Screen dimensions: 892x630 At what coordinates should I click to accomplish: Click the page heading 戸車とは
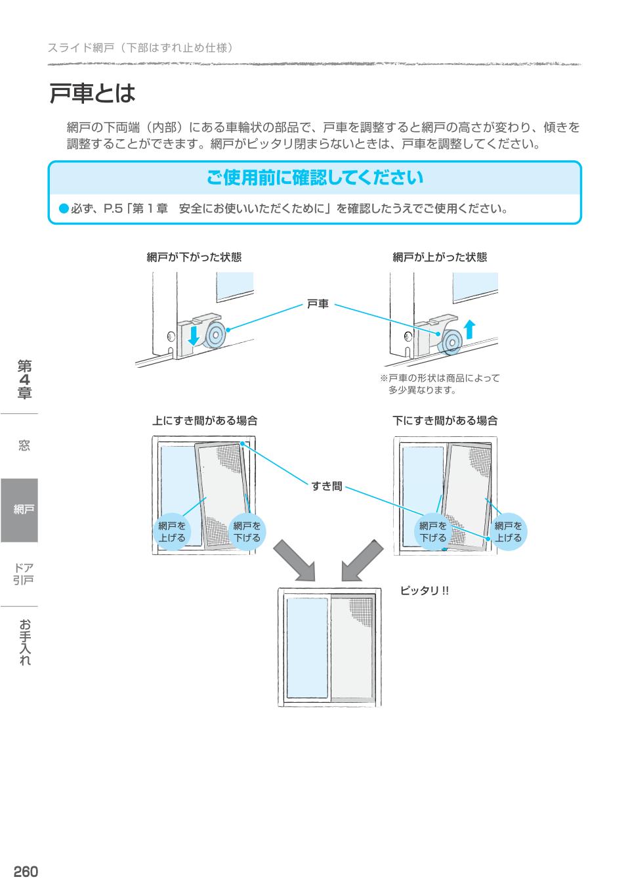[92, 93]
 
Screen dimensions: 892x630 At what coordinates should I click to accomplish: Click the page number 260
[26, 872]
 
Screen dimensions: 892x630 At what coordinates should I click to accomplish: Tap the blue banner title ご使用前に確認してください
[314, 178]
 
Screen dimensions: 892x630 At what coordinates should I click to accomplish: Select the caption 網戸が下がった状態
[194, 257]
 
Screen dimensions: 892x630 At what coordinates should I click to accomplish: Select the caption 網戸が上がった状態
[440, 257]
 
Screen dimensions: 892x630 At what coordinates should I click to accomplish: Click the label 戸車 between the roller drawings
[318, 304]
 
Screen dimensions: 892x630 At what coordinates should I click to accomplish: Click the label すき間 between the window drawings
[326, 487]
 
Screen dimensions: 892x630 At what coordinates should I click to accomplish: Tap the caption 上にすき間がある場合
[205, 421]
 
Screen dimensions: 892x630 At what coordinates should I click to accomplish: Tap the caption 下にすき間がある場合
[445, 421]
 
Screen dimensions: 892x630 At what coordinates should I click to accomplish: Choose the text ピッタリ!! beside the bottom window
[425, 591]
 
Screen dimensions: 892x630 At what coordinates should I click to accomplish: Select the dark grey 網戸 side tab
[20, 510]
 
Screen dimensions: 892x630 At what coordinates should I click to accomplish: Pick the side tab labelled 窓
[24, 446]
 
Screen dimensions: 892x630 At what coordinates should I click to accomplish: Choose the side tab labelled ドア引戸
[24, 573]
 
